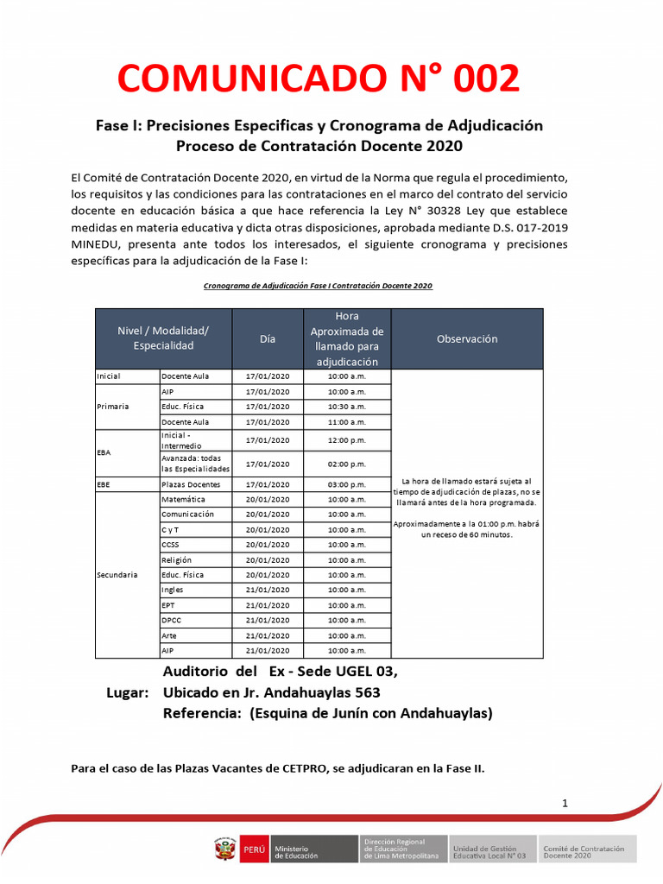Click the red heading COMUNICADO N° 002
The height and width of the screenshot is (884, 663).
tap(319, 79)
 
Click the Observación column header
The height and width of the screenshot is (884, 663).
tap(467, 339)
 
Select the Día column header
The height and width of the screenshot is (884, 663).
tap(268, 339)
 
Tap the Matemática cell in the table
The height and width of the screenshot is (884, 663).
tap(183, 500)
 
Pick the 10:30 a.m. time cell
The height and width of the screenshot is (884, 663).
tap(347, 407)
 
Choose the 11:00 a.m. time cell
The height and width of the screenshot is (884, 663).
tap(347, 422)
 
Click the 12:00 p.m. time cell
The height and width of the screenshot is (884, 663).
tap(347, 440)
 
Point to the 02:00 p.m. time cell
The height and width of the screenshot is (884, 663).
tap(347, 464)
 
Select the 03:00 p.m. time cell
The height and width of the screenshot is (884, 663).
tap(347, 485)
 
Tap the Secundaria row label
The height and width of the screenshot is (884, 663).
tap(117, 575)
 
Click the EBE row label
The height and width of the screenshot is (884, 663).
tap(104, 485)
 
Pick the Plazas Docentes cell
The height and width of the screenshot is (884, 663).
tap(191, 485)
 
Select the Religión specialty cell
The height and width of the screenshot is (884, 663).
tap(179, 560)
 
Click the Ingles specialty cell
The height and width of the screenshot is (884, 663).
tap(173, 590)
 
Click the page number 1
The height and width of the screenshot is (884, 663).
tap(565, 804)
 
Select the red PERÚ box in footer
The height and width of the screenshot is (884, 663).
tap(255, 850)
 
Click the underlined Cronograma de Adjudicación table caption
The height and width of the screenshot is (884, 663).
tap(318, 286)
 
